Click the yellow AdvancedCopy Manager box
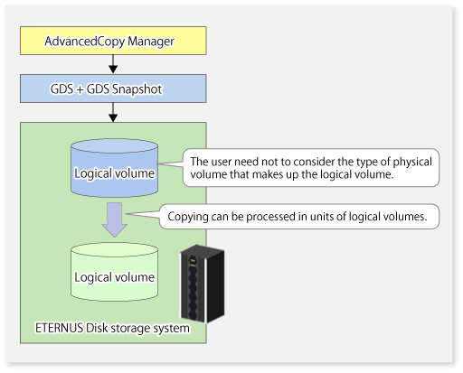point(113,41)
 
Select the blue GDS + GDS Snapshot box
point(113,89)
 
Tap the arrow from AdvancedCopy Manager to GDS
point(113,64)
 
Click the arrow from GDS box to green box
point(113,112)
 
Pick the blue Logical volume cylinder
point(114,168)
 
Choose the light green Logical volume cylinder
point(114,272)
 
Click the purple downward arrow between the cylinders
point(115,219)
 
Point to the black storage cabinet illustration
point(202,284)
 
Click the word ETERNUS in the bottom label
point(59,328)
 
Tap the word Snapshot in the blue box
point(137,89)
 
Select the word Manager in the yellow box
point(151,42)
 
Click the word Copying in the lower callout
point(188,217)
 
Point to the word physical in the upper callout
point(412,162)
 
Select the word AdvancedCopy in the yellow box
point(85,42)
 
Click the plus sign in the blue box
point(80,89)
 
